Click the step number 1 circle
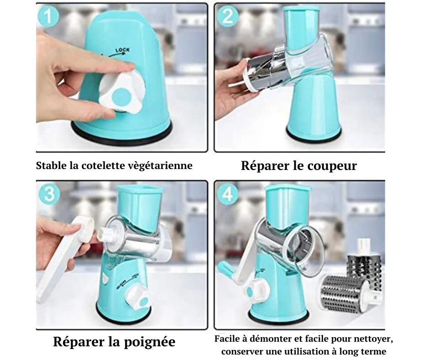(48, 16)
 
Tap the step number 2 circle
(227, 16)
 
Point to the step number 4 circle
(227, 194)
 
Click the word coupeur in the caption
(332, 166)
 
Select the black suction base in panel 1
(122, 130)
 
